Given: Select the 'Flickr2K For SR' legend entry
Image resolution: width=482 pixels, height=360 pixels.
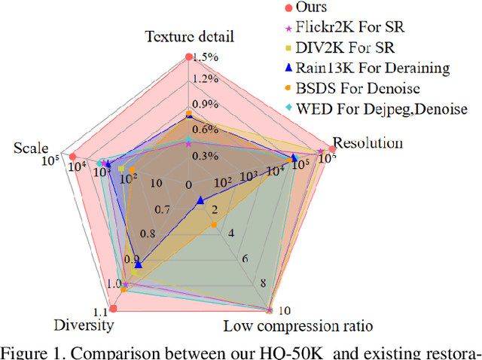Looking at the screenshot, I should [x=350, y=29].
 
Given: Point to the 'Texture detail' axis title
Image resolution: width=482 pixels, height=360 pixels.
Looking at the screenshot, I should [x=191, y=36].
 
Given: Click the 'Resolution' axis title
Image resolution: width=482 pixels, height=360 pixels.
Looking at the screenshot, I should [x=367, y=142].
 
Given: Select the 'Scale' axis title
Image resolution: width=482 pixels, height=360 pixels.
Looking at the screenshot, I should [x=31, y=148].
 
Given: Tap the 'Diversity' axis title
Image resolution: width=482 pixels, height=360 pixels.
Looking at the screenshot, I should [x=84, y=325].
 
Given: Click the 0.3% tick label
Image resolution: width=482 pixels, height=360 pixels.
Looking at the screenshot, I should [x=206, y=156].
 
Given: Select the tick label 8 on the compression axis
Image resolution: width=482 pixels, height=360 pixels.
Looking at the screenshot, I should [x=262, y=284].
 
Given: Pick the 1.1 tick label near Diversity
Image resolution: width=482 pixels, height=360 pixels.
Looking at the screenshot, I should [x=100, y=312].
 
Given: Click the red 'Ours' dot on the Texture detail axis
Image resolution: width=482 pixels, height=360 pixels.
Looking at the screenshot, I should [x=189, y=56].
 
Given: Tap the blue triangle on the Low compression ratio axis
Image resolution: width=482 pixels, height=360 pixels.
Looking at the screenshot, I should [x=200, y=200].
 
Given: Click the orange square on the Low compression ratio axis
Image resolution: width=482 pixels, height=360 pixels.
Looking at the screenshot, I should [x=214, y=224].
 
